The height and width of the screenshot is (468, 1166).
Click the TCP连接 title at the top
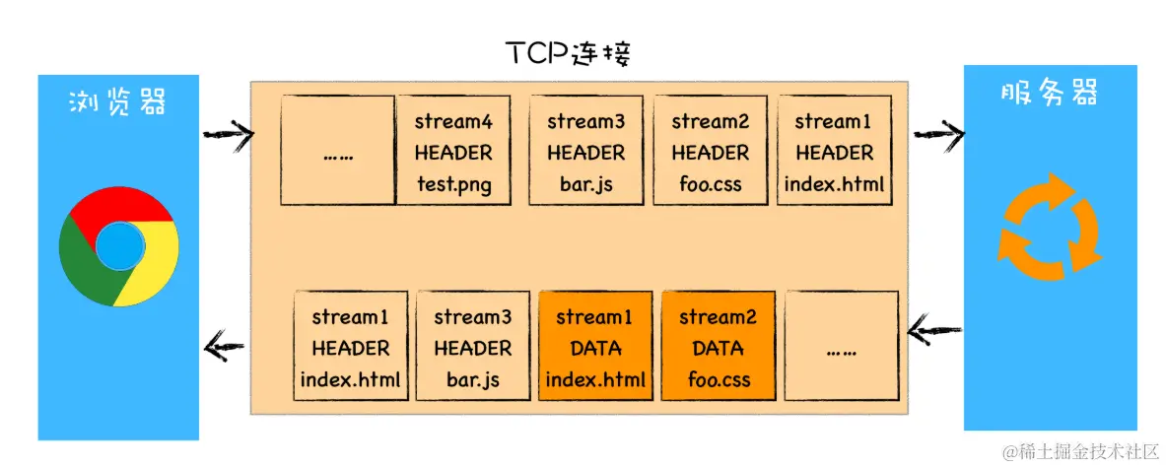coord(569,53)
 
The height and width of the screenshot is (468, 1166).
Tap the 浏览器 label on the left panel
coord(117,101)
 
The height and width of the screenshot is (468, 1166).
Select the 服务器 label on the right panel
coord(1050,94)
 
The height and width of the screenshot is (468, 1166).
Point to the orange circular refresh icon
coord(1049,228)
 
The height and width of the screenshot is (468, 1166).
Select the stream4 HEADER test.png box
coord(453,151)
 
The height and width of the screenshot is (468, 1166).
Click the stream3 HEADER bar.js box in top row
coord(586,151)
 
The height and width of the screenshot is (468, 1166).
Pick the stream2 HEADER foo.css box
coord(710,151)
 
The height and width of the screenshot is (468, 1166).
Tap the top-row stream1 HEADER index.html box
coord(834,151)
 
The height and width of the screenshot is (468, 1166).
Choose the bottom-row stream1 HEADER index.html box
coord(351,347)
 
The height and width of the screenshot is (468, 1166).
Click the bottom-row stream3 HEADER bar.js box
coord(472,347)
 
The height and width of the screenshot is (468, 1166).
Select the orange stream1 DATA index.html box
coord(595,347)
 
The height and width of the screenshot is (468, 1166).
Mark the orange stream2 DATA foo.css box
coord(719,347)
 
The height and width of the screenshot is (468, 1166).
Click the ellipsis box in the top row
coord(337,151)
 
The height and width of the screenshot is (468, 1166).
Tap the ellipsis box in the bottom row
coord(842,347)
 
